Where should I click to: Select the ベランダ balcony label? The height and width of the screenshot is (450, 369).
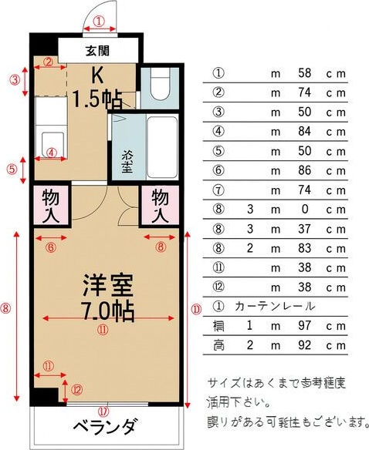(106, 427)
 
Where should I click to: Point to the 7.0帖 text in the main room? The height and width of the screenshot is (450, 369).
(108, 311)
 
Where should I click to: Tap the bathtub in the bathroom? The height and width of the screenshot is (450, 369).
(162, 146)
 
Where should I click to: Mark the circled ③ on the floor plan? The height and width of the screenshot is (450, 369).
(14, 79)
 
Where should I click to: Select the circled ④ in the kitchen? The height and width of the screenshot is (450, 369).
(51, 152)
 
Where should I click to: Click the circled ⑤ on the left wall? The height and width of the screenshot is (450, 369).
(12, 169)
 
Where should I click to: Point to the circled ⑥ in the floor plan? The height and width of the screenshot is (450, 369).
(51, 247)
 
